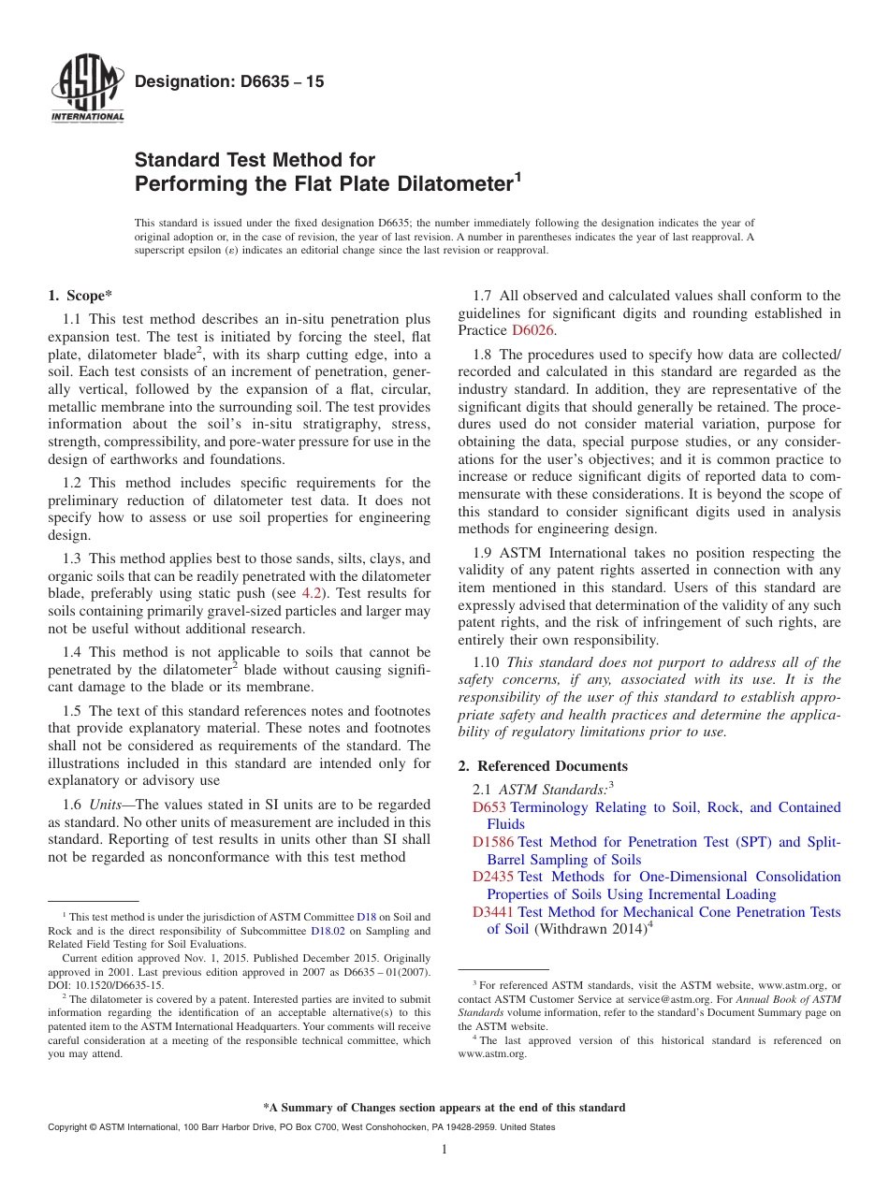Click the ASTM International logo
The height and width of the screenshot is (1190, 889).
87,92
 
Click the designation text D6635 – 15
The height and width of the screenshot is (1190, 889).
229,82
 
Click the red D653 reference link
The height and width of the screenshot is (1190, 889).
489,807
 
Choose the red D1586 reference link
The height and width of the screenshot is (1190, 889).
493,842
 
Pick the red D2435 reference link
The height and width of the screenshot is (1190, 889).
493,878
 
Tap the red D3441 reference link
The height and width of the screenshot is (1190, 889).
493,912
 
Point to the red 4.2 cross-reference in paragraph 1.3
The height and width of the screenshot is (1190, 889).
310,593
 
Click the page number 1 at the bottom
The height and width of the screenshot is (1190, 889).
444,1149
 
